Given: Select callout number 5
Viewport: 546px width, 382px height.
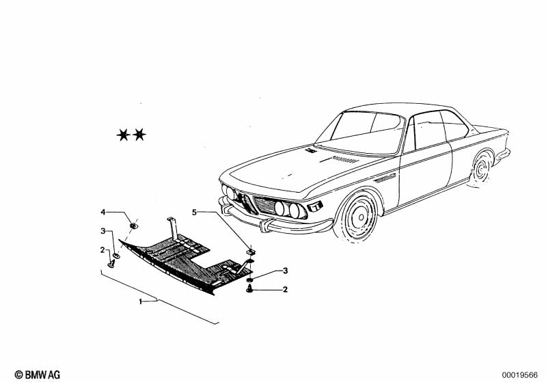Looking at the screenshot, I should (194, 213).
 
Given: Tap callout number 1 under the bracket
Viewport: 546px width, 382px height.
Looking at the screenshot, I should (141, 301).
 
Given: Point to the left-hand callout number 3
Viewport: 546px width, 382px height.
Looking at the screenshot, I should (103, 231).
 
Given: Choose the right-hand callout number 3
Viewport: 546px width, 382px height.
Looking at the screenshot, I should (285, 271).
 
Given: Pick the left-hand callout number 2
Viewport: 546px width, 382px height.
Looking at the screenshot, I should (103, 250).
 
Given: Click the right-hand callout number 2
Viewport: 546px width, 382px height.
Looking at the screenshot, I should (285, 290).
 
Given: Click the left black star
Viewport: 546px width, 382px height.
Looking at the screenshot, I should (124, 135).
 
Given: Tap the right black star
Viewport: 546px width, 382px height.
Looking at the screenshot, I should (139, 135).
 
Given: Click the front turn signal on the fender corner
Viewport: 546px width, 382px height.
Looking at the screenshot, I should (316, 205).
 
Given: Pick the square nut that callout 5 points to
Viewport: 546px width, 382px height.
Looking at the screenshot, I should (250, 251).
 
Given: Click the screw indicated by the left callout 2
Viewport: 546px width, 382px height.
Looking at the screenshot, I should (111, 263).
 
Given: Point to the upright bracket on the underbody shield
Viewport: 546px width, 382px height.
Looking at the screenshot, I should (173, 227).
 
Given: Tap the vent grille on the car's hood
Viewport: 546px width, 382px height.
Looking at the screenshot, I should (348, 160).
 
